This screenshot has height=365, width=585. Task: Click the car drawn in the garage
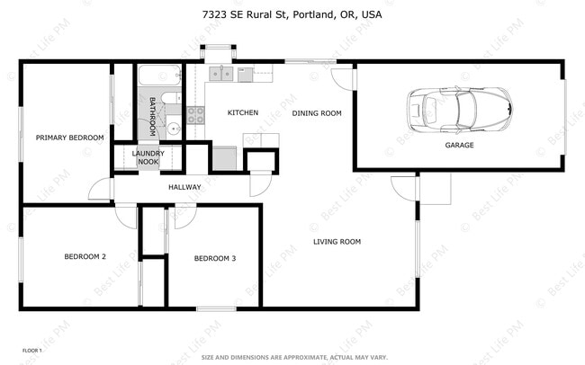[459, 110]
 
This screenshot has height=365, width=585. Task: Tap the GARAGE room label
[459, 145]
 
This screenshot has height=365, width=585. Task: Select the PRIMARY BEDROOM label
[70, 138]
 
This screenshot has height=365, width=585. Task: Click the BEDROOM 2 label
[85, 256]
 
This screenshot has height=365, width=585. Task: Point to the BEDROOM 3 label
[215, 258]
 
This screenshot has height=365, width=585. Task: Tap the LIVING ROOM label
[337, 242]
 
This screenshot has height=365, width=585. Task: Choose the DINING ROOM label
[317, 113]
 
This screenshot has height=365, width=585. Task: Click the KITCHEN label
[243, 112]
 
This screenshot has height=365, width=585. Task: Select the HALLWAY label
[184, 187]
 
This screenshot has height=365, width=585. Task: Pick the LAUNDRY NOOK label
[148, 157]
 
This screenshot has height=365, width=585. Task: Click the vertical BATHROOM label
[152, 117]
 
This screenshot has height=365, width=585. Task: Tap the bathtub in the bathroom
[159, 76]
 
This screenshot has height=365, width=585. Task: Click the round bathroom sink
[174, 129]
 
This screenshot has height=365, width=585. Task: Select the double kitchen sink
[221, 74]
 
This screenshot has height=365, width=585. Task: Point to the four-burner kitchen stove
[196, 115]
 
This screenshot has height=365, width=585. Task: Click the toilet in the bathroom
[171, 98]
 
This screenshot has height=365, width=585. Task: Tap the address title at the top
[292, 14]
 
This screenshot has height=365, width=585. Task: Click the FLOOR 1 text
[32, 351]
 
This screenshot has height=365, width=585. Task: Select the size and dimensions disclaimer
[294, 357]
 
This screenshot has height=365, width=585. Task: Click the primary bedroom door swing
[100, 189]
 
